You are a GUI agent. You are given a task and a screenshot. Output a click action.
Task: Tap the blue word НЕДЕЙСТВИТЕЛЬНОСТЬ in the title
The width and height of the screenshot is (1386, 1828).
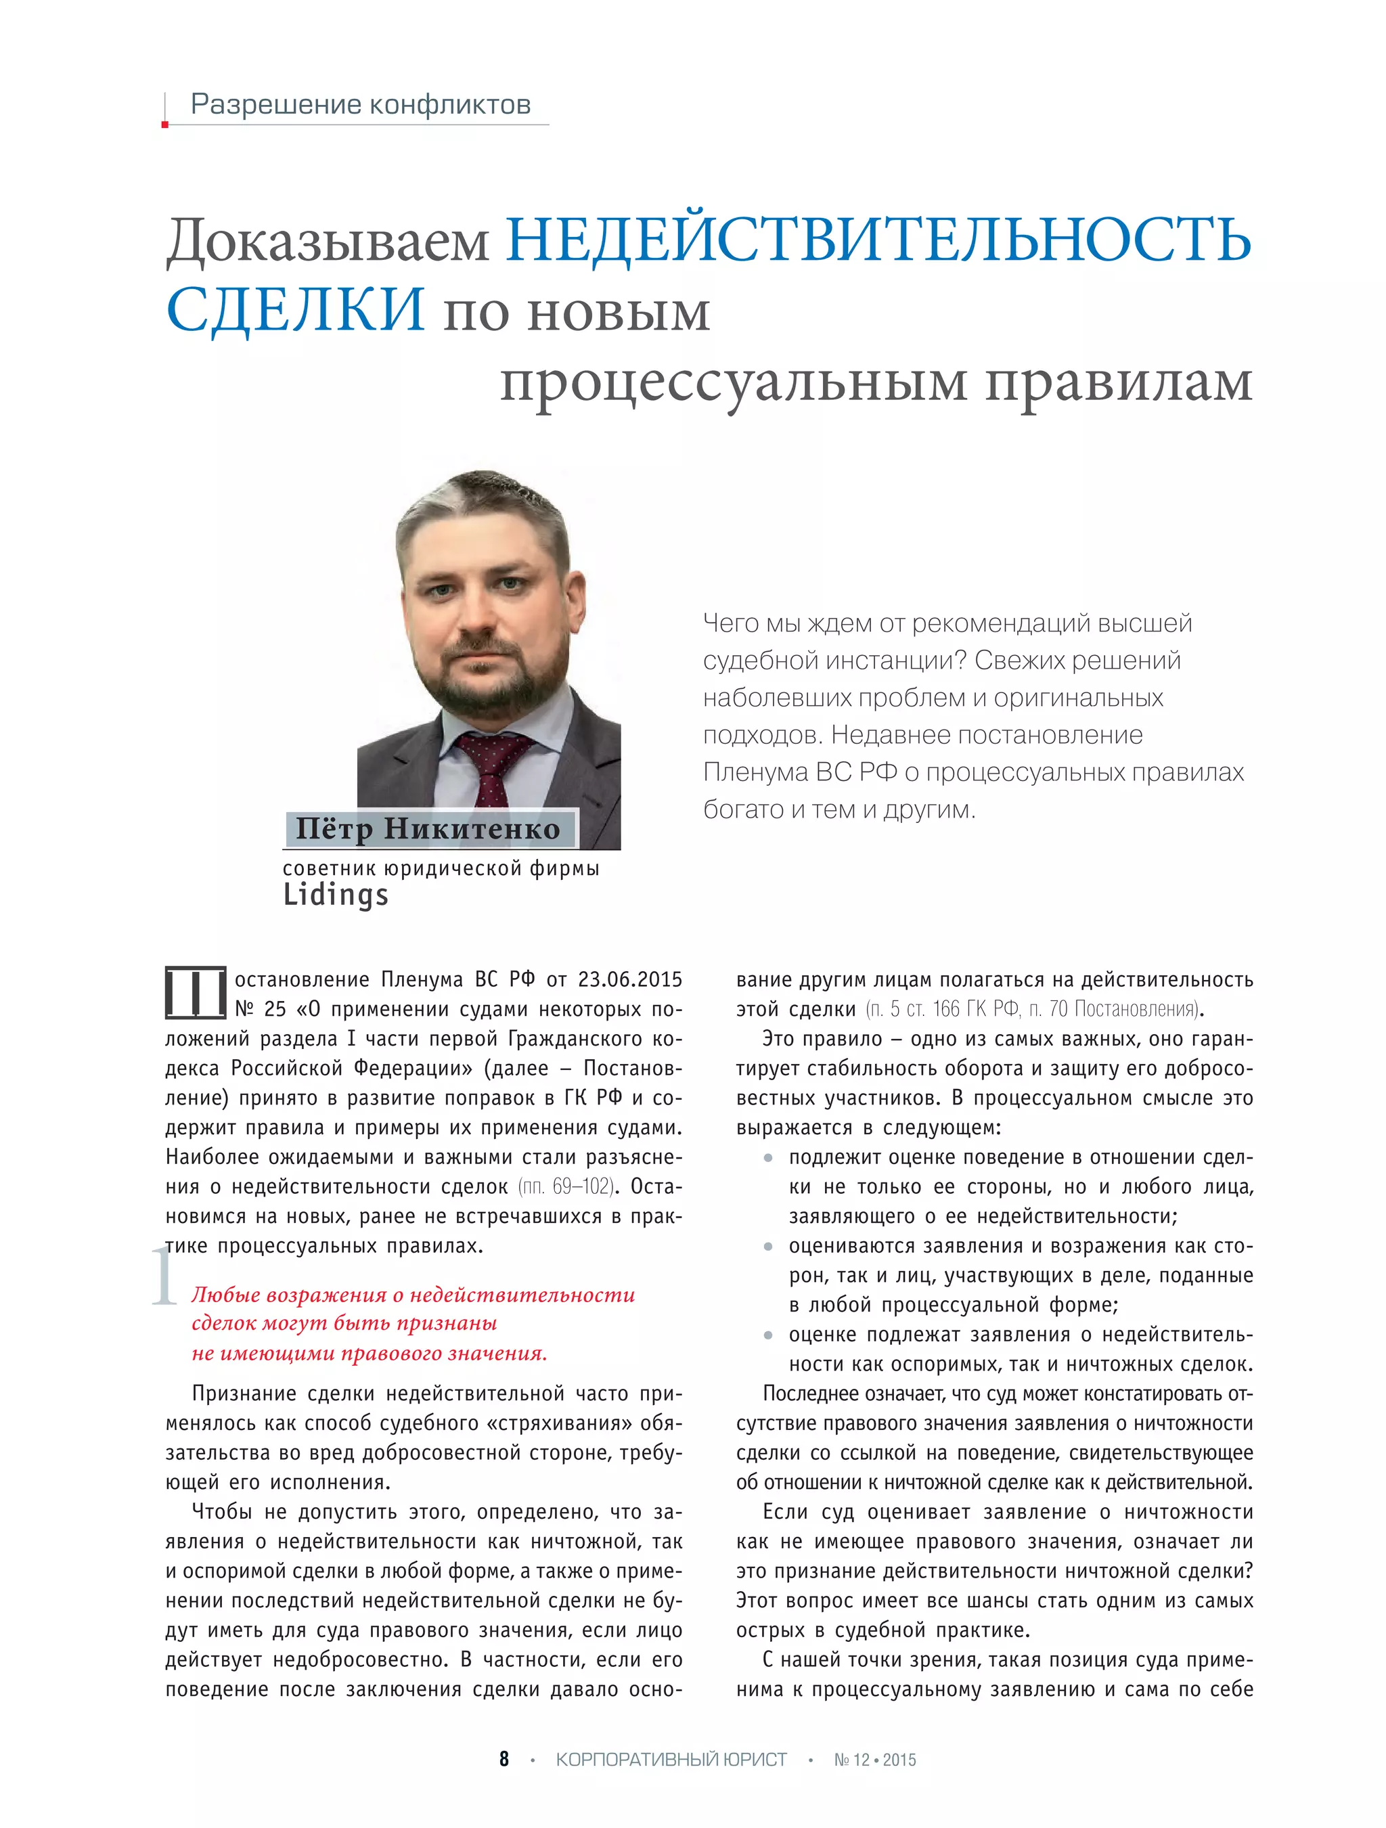878,240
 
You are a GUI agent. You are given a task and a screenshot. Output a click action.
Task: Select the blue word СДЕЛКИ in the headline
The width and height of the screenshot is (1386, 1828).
295,310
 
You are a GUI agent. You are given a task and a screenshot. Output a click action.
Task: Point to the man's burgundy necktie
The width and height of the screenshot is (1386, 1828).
492,764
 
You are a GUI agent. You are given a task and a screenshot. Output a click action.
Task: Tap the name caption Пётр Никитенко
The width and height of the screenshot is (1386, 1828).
428,829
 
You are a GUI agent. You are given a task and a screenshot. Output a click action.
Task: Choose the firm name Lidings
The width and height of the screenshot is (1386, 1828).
336,895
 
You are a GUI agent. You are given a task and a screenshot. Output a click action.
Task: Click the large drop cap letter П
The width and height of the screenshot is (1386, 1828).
195,993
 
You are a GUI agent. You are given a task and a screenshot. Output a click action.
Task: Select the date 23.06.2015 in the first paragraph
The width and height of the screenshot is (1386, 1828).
630,980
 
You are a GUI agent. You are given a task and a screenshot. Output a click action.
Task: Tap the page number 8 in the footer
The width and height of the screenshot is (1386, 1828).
504,1758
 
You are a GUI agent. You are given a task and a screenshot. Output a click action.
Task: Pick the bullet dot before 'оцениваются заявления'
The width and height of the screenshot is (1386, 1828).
768,1246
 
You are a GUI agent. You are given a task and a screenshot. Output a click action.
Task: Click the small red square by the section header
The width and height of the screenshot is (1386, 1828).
165,125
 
